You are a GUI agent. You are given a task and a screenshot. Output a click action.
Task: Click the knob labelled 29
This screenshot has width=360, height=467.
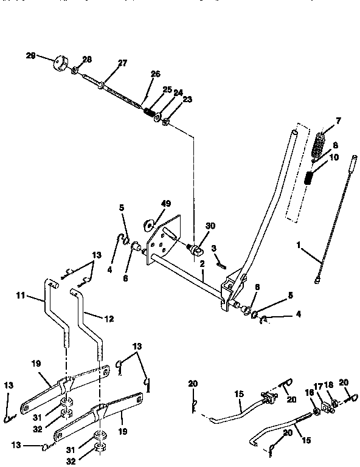[61, 63]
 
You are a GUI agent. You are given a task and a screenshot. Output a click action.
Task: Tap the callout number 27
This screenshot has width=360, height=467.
[123, 63]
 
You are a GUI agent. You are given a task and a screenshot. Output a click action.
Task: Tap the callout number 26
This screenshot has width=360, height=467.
[155, 74]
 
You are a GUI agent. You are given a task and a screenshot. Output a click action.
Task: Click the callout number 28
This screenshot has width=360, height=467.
[86, 59]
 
